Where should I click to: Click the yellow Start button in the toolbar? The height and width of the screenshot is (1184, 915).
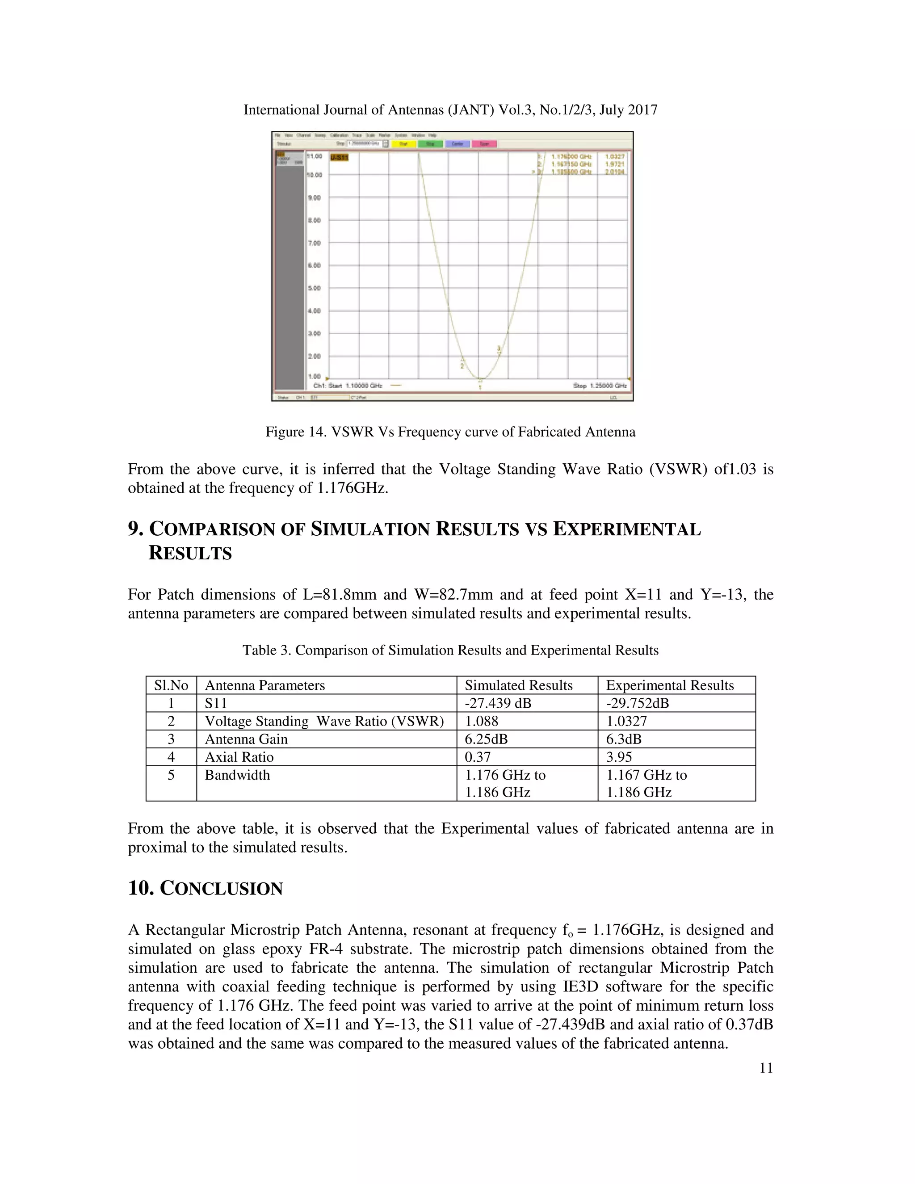coord(404,144)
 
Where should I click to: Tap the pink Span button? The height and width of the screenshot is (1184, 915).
coord(484,144)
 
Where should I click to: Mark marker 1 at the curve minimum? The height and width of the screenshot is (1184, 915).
coord(480,382)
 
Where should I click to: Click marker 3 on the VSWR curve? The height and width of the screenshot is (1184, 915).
coord(499,350)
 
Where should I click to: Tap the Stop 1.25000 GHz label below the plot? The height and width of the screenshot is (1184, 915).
coord(600,386)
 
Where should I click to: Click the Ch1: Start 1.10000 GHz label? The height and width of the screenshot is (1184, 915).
coord(348,386)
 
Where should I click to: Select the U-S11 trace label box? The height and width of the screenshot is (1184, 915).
coord(339,157)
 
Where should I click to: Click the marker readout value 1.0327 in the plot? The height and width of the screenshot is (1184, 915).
coord(614,156)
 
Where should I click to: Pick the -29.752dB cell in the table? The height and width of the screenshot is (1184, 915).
coord(638,703)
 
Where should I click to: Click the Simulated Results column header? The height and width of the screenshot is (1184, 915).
coord(518,685)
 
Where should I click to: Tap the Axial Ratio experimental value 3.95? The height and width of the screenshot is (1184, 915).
coord(619,757)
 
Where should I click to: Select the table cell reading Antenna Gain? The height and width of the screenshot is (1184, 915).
coord(246,739)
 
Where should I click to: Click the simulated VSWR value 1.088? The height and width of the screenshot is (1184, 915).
coord(481,721)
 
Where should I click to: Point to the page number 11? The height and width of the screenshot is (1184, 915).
coord(765,1067)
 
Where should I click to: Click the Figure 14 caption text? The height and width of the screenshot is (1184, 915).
coord(450,432)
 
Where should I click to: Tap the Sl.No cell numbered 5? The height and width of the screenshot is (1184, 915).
coord(171,775)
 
